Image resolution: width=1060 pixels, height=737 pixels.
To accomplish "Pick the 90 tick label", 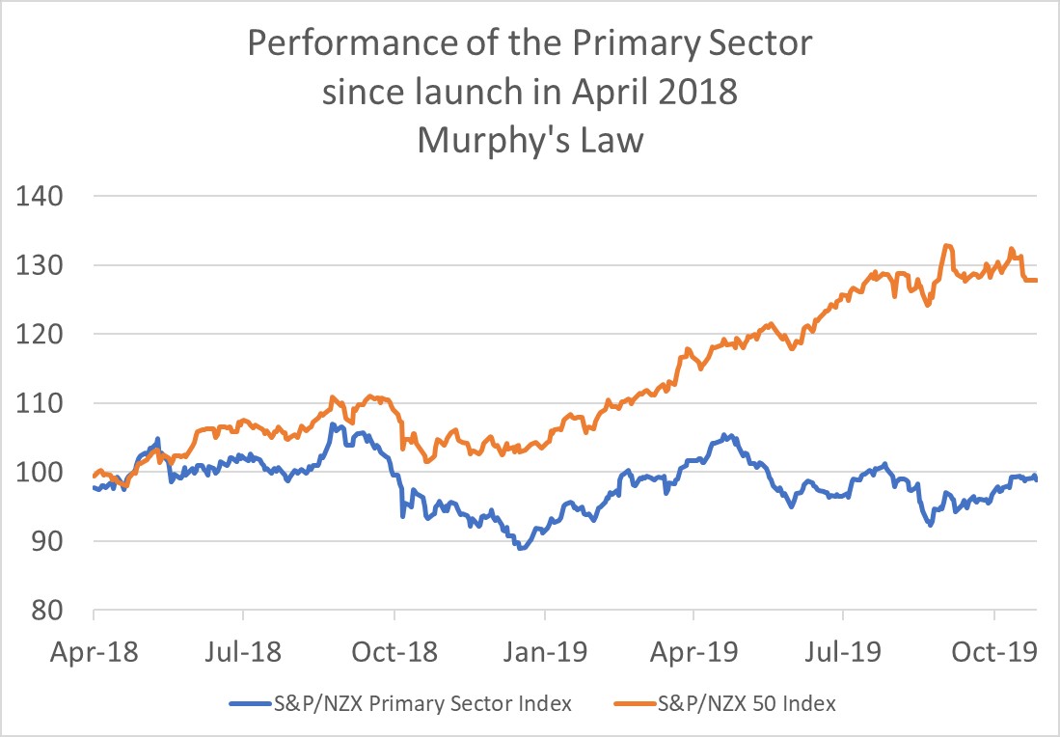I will coord(42,542).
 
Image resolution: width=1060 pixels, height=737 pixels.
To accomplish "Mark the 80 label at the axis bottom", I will coord(42,612).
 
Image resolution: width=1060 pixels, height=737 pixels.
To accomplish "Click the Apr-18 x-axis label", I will coord(94,652).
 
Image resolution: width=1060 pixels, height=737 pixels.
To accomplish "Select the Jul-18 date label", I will coord(243,652).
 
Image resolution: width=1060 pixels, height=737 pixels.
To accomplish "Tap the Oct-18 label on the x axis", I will coord(394,652).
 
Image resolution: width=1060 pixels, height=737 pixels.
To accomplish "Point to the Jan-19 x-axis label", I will coord(545,652).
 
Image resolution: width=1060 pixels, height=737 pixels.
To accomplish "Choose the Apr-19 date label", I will coord(694,652).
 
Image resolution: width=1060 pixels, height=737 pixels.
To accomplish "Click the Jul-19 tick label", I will coord(844,652).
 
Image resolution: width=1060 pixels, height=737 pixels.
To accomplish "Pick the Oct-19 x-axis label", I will coord(994,652).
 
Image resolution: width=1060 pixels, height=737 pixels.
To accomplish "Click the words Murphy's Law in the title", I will coord(530,142).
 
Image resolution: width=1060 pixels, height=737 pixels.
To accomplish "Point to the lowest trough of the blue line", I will coord(522,547).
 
